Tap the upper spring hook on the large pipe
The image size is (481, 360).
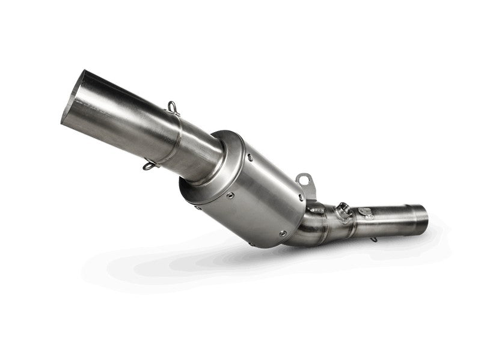[174, 108]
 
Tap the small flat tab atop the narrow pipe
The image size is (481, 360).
[364, 210]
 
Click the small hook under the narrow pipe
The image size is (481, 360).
[375, 239]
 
